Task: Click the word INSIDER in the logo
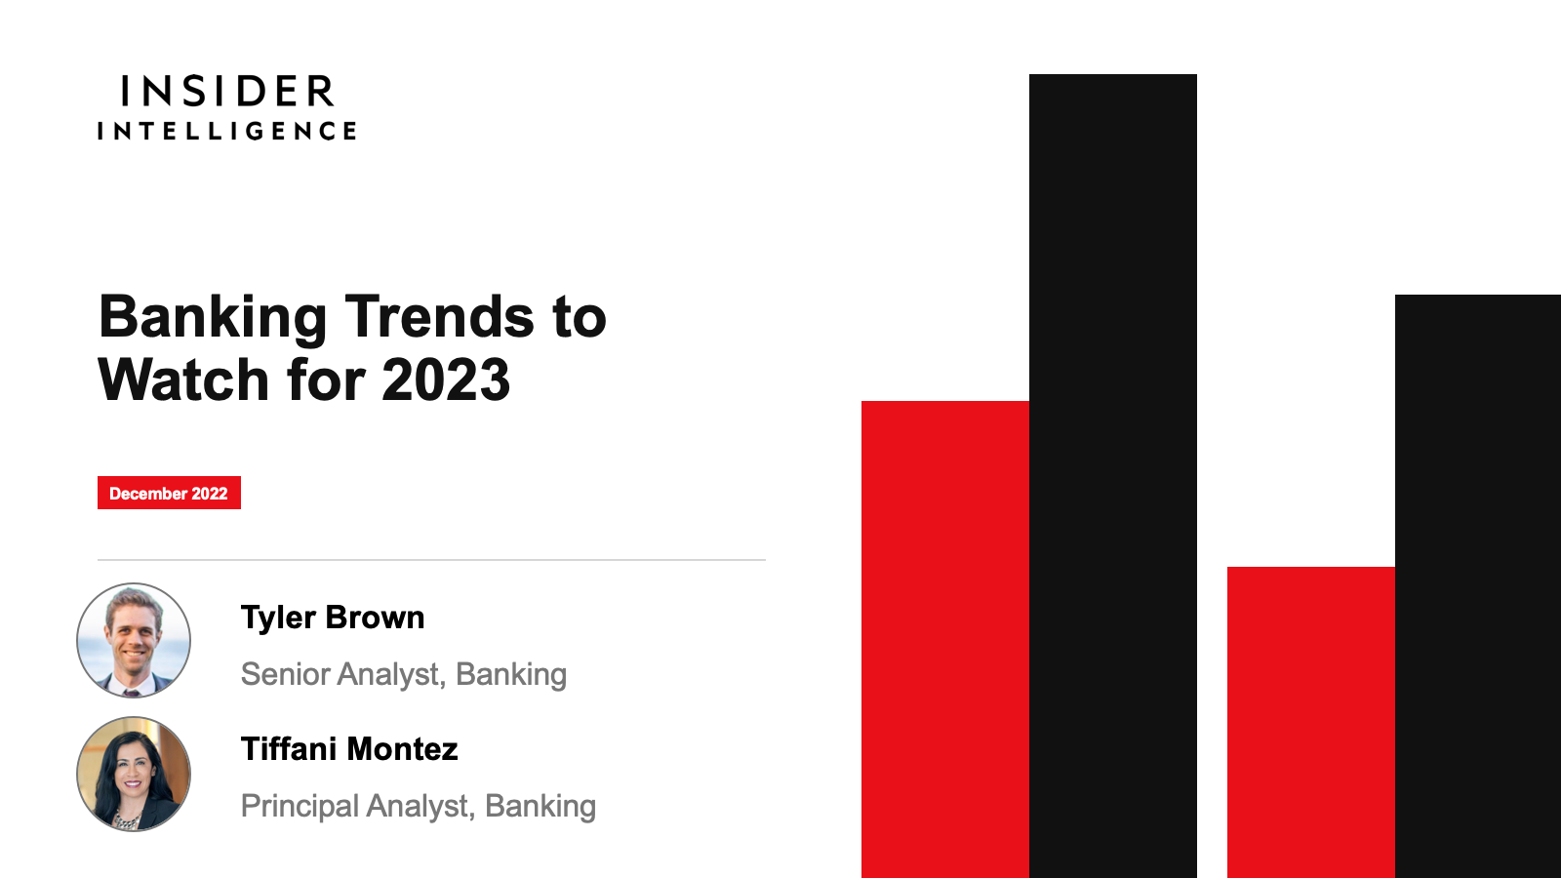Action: pos(227,92)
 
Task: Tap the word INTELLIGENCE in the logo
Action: pos(227,131)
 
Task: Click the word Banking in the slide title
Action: pos(213,318)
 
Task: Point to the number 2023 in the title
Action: pos(446,379)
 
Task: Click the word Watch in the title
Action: pos(183,379)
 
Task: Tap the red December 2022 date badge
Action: pos(169,493)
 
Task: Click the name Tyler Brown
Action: pos(333,618)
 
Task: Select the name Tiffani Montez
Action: pos(349,749)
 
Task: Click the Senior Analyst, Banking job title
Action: pos(404,674)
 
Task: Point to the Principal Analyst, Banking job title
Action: pos(419,806)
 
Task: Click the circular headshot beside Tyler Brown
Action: pos(133,640)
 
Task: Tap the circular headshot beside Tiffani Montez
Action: pos(133,775)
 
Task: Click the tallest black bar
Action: pos(1113,476)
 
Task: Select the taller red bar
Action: pos(945,640)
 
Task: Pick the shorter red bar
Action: pos(1311,723)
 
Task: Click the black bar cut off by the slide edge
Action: pos(1478,586)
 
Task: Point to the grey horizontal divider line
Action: pos(431,560)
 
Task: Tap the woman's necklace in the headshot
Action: pos(127,821)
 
